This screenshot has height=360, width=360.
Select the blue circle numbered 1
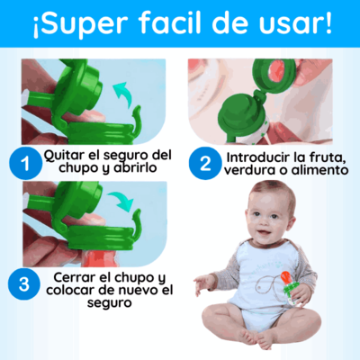point(26,164)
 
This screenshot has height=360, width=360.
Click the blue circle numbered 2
point(205,164)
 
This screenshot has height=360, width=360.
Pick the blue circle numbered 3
point(24,283)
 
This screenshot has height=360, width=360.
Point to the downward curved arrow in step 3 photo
point(121,201)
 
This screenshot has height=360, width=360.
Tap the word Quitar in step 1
point(64,156)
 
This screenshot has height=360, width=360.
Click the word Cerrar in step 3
point(74,278)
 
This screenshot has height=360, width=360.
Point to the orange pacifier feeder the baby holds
point(289,288)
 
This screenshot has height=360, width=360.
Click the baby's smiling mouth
point(262,233)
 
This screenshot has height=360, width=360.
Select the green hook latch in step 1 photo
point(136,120)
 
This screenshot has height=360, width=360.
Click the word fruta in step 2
point(325,157)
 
